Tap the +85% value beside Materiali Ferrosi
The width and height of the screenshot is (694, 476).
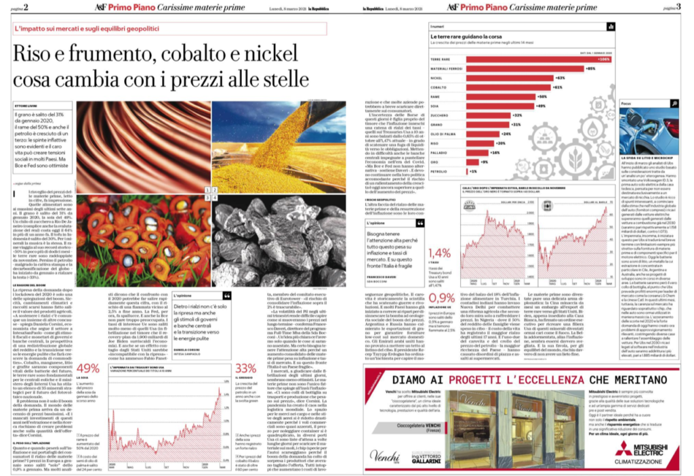coord(590,68)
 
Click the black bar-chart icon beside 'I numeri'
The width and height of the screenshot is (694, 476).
coord(611,26)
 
